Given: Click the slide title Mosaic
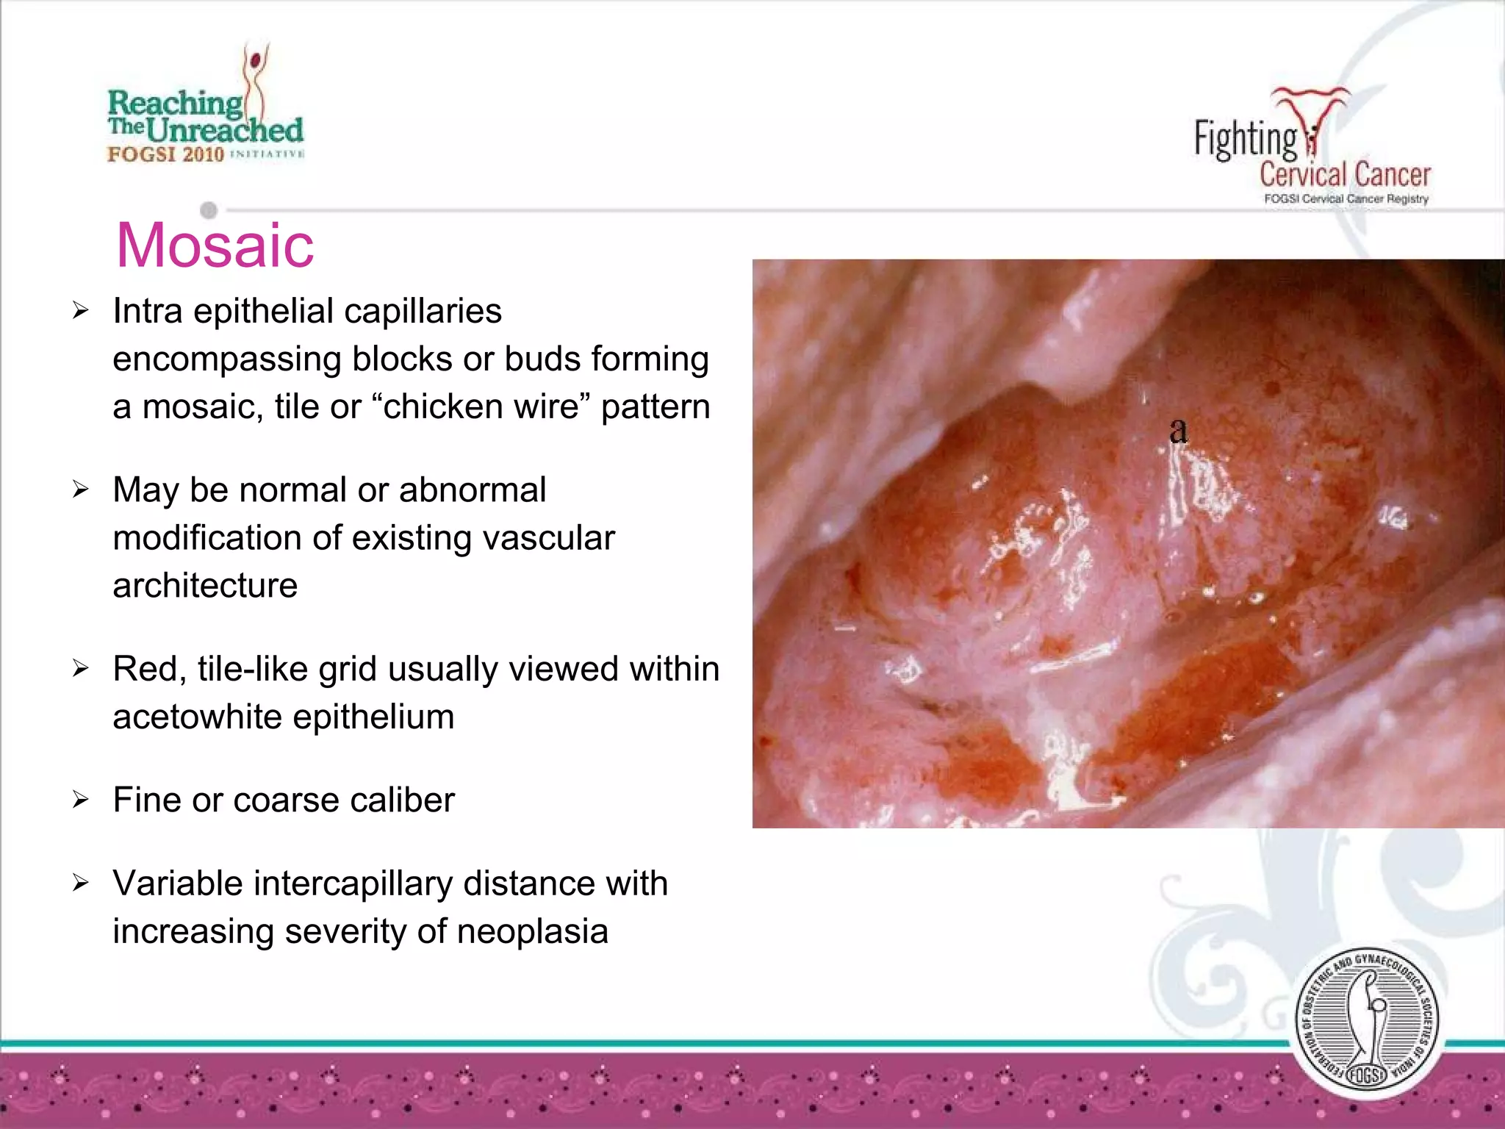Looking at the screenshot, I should (215, 245).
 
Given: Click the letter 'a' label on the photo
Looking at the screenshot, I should (1178, 430).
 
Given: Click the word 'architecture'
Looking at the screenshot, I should (205, 586).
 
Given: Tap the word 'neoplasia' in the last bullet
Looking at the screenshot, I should (532, 931).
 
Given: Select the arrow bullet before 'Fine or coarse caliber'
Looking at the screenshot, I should (80, 800).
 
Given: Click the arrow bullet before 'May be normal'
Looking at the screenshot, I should (80, 490).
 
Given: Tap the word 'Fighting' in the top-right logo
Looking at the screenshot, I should (1244, 139).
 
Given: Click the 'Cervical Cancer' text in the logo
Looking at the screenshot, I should (1345, 175).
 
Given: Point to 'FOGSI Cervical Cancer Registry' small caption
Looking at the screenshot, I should (1346, 199).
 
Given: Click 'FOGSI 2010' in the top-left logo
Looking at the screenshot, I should (165, 154).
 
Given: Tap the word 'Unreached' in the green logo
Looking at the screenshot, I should (224, 130).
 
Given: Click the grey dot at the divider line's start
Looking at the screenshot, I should (209, 210).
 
